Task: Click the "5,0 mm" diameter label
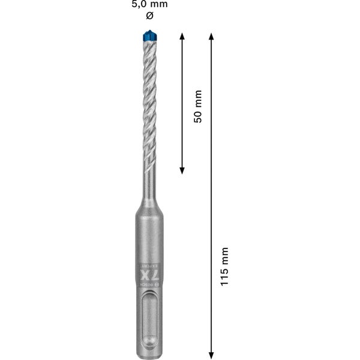[150, 4]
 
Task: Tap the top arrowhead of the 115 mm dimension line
[211, 37]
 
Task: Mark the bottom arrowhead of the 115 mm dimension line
[211, 353]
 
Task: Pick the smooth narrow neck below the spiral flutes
[148, 180]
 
